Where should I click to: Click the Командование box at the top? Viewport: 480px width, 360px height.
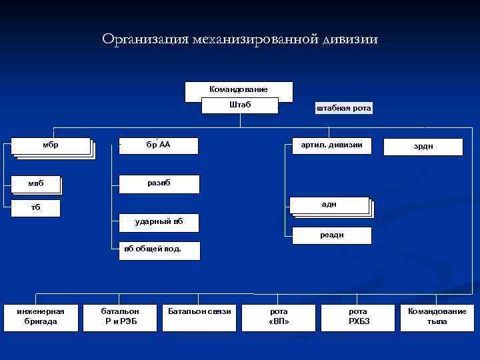click(x=239, y=89)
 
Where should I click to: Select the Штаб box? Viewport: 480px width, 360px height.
click(x=240, y=105)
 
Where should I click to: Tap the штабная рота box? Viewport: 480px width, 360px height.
click(x=344, y=108)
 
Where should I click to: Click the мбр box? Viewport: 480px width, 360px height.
click(x=51, y=145)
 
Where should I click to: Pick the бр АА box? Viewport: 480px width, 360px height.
click(x=158, y=145)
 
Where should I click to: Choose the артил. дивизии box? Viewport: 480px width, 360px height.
click(x=332, y=145)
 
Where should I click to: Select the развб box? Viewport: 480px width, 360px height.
click(x=158, y=183)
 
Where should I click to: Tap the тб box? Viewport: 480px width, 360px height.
click(x=36, y=207)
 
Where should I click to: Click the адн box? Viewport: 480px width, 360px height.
click(x=329, y=205)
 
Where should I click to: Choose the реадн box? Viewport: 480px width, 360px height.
click(x=331, y=235)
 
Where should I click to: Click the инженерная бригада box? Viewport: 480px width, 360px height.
click(x=41, y=317)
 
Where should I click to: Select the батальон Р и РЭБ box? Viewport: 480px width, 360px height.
click(x=120, y=317)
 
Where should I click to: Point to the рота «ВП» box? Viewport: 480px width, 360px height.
click(x=279, y=317)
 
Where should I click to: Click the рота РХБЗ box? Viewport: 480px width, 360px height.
click(x=357, y=317)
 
